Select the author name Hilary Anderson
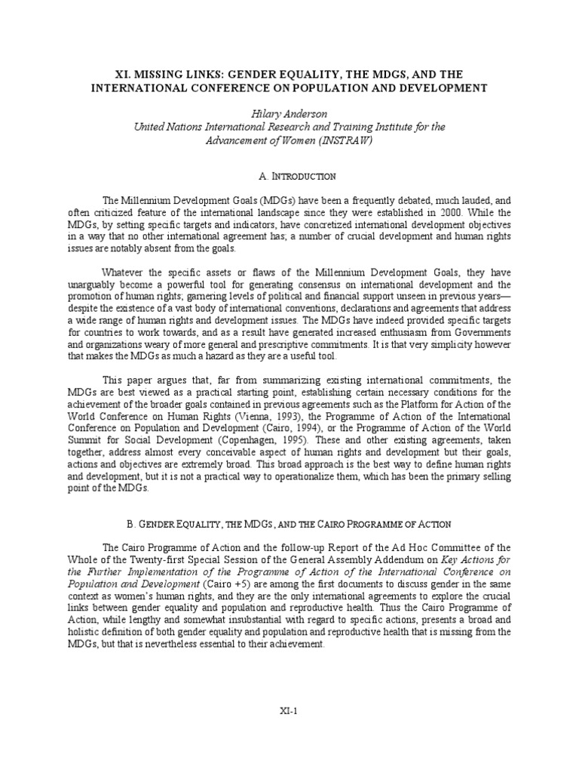pos(289,114)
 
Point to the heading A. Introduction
pos(289,176)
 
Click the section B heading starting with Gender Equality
pos(289,523)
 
